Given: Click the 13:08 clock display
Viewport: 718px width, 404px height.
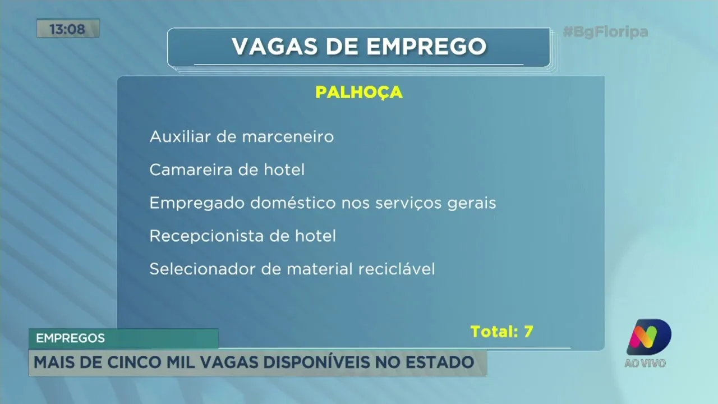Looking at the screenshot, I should [67, 29].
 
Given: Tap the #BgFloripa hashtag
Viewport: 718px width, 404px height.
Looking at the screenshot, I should [605, 32].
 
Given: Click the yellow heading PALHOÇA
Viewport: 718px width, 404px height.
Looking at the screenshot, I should [359, 92].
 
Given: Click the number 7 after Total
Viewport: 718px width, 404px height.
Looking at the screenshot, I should [528, 331].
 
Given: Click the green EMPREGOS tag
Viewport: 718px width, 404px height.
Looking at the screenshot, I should [71, 338].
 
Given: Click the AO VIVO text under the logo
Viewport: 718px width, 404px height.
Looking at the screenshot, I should [645, 363].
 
